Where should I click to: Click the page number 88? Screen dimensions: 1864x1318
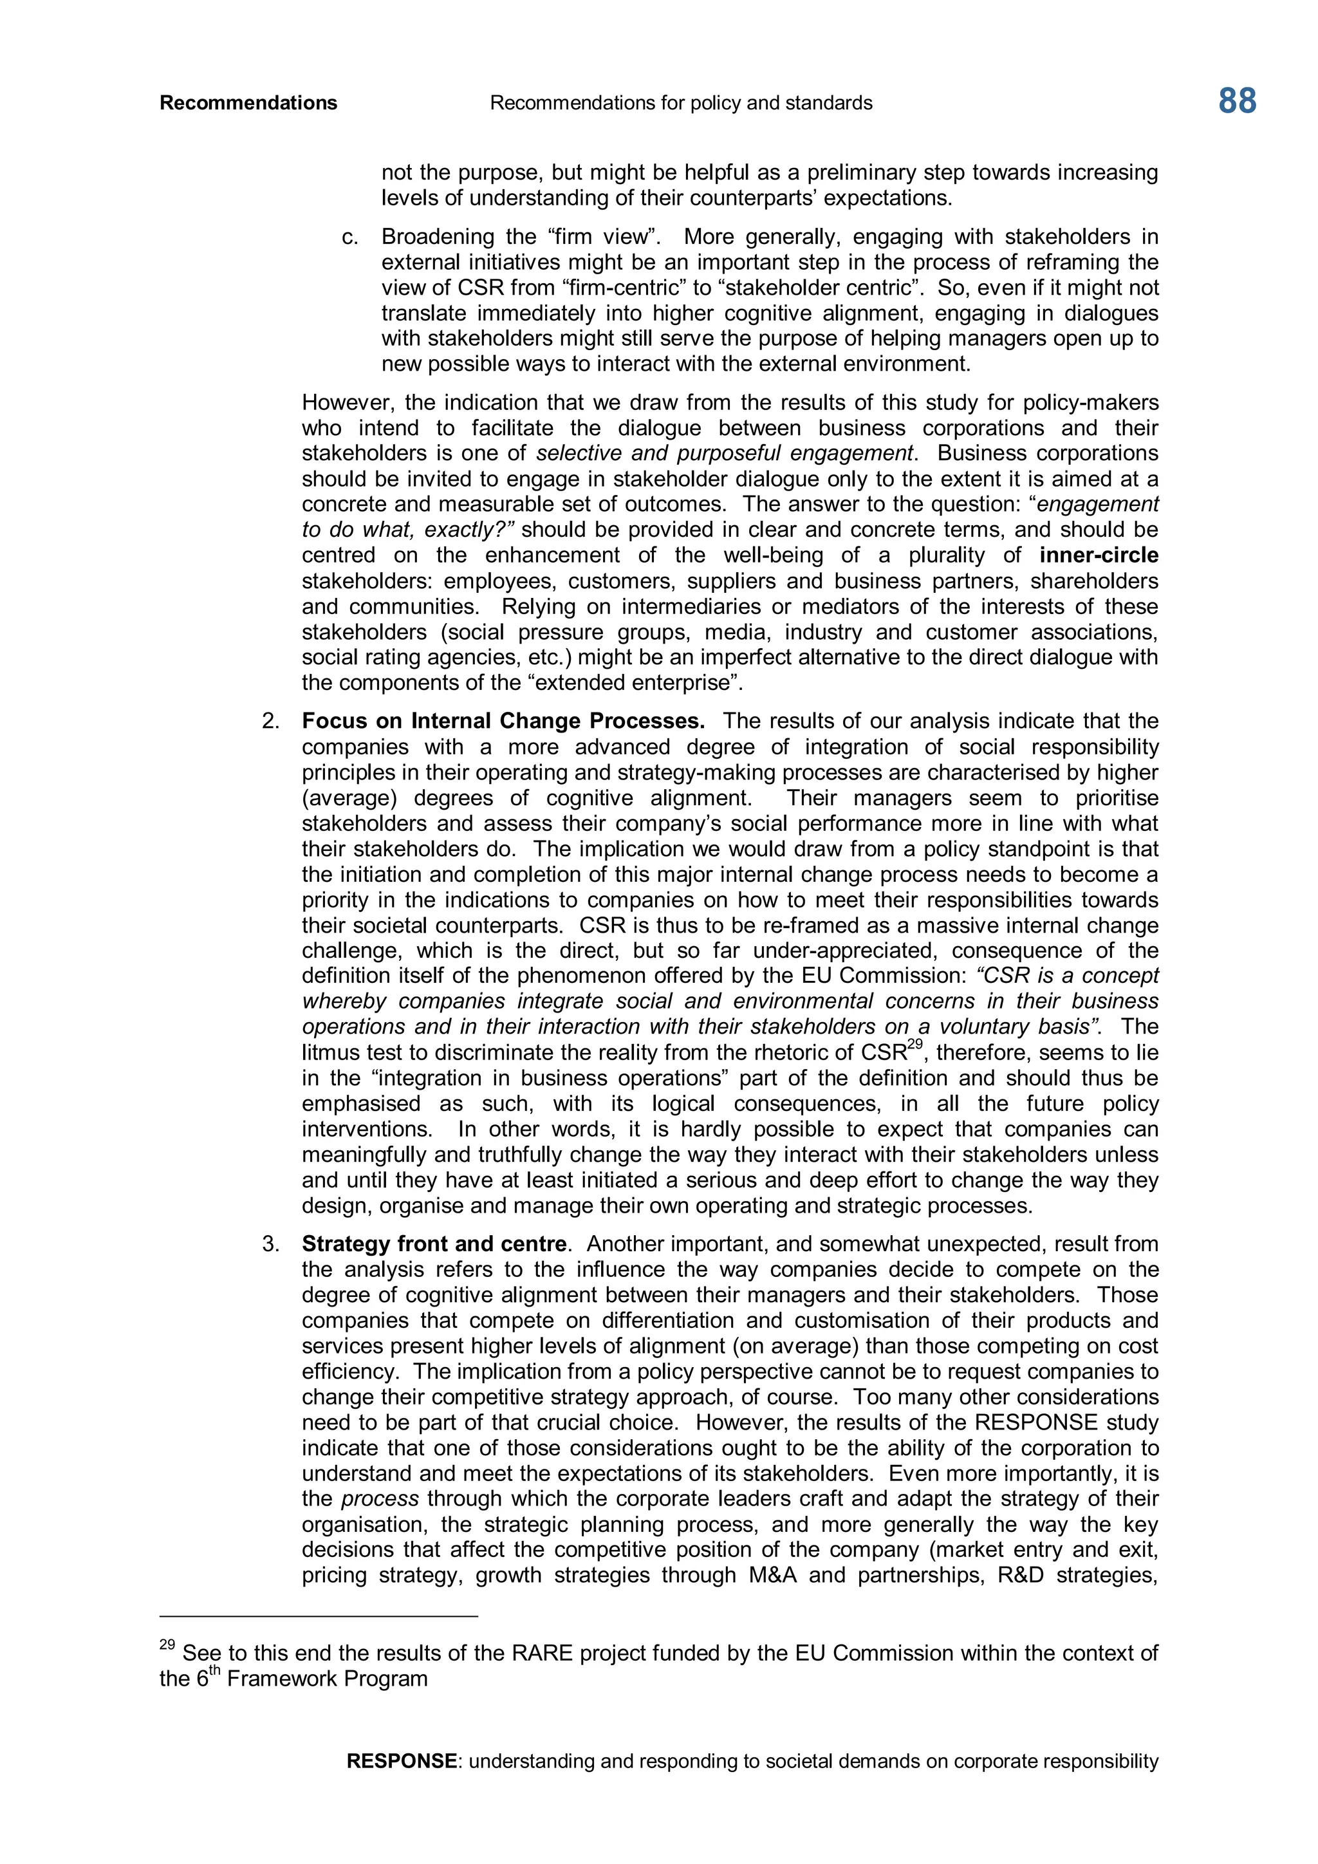pyautogui.click(x=1237, y=102)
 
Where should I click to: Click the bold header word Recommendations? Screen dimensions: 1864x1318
pyautogui.click(x=248, y=103)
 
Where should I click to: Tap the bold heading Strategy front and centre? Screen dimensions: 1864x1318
pyautogui.click(x=433, y=1244)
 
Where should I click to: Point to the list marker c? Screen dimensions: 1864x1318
pyautogui.click(x=350, y=237)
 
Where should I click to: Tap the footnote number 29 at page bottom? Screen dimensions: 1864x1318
pyautogui.click(x=167, y=1645)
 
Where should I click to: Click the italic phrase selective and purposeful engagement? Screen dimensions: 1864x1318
pyautogui.click(x=725, y=453)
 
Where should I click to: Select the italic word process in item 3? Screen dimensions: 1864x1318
pyautogui.click(x=380, y=1498)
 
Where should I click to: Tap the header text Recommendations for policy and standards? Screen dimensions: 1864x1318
pyautogui.click(x=681, y=103)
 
